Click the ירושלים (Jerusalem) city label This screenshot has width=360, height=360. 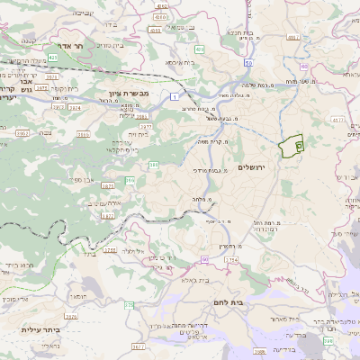pyautogui.click(x=254, y=167)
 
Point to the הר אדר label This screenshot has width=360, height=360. pyautogui.click(x=66, y=45)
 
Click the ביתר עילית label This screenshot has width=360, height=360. pyautogui.click(x=40, y=329)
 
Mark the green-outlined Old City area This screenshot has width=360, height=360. pyautogui.click(x=292, y=146)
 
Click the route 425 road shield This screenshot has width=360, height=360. pyautogui.click(x=53, y=58)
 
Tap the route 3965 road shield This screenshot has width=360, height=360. pyautogui.click(x=22, y=133)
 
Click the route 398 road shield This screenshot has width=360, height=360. pyautogui.click(x=328, y=340)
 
